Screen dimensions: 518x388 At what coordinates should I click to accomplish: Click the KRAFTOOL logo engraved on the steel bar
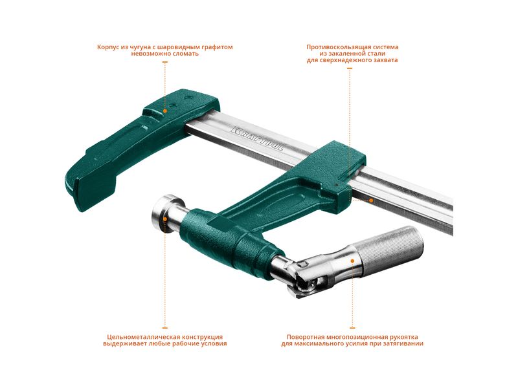pyautogui.click(x=258, y=138)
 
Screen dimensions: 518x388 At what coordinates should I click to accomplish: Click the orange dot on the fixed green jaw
pyautogui.click(x=165, y=111)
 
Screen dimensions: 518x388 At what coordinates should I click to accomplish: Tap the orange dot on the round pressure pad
pyautogui.click(x=165, y=219)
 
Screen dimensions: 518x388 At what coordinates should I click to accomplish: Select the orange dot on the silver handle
pyautogui.click(x=352, y=261)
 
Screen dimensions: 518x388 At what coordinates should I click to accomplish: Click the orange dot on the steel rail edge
pyautogui.click(x=371, y=200)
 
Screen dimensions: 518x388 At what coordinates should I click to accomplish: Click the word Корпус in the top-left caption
pyautogui.click(x=108, y=47)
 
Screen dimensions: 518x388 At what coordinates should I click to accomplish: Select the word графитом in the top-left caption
pyautogui.click(x=218, y=47)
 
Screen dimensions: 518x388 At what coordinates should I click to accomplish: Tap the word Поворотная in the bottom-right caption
pyautogui.click(x=305, y=337)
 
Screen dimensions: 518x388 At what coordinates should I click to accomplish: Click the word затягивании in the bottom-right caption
pyautogui.click(x=403, y=343)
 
